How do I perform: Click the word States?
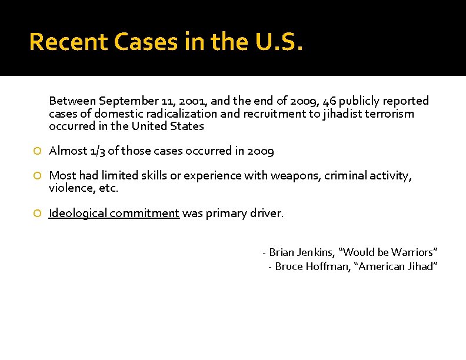(x=188, y=126)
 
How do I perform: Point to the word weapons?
(x=292, y=176)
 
